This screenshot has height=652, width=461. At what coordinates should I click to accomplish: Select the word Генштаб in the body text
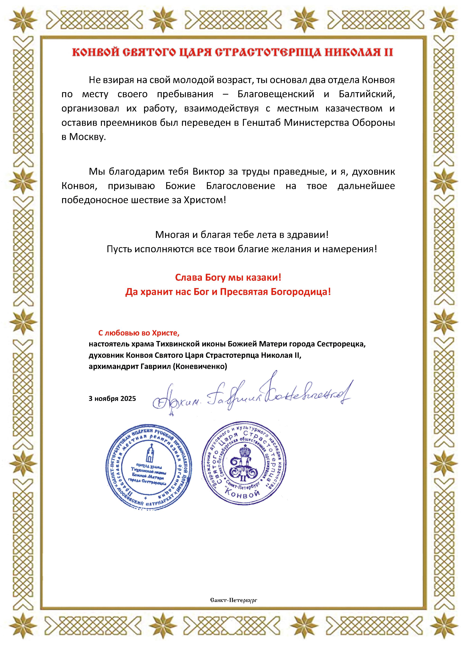point(261,123)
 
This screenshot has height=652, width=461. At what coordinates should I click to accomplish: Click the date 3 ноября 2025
point(112,398)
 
